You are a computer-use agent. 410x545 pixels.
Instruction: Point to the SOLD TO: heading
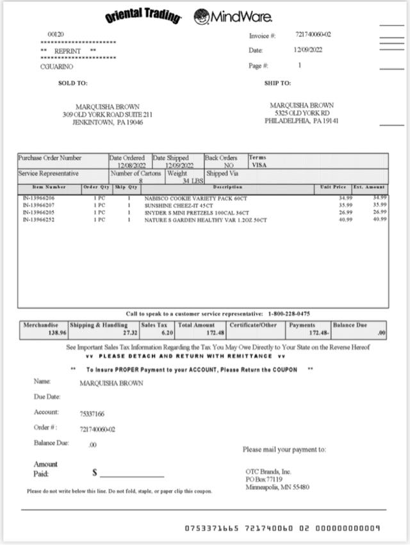(x=72, y=83)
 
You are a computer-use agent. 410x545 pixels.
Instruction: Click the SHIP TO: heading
(x=277, y=83)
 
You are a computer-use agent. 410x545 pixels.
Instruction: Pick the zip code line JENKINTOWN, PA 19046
(x=108, y=122)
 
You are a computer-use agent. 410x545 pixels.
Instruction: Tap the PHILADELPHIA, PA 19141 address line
(x=302, y=120)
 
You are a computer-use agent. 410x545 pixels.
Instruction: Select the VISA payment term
(x=259, y=165)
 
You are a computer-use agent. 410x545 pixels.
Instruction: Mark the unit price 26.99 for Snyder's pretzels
(x=346, y=213)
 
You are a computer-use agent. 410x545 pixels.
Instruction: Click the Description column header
(x=227, y=187)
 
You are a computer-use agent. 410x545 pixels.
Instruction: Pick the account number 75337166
(x=92, y=414)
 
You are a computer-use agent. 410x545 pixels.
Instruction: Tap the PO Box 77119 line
(x=263, y=479)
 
